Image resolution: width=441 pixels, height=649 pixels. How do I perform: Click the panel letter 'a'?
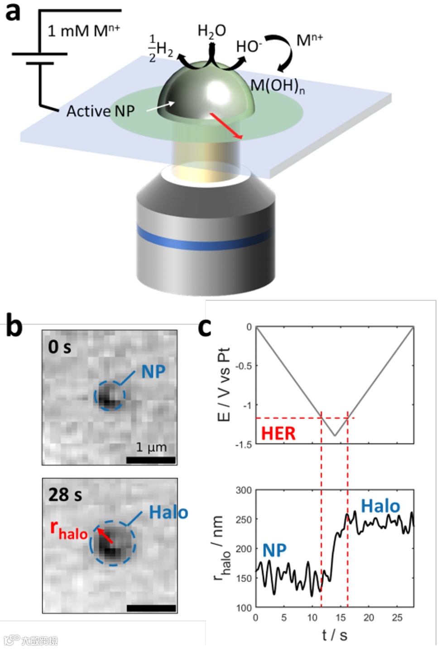(13, 12)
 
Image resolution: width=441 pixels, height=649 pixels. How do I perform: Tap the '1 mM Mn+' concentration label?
(84, 31)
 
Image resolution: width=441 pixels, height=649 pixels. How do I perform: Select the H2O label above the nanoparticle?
(211, 31)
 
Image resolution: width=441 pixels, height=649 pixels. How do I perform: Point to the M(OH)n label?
(277, 86)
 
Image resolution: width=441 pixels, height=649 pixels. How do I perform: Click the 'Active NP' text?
(100, 111)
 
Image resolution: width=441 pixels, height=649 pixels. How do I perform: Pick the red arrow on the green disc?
(226, 126)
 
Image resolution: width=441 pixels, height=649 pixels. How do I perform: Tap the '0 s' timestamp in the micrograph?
(60, 347)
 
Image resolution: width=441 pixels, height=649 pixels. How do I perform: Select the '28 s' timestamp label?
(65, 494)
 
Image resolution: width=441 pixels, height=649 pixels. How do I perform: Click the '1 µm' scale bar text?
(151, 447)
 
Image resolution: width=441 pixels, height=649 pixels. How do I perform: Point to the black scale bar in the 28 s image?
(151, 608)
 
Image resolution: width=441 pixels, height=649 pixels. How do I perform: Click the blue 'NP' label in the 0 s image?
(153, 372)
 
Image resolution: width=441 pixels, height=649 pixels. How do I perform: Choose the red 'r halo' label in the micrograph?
(68, 529)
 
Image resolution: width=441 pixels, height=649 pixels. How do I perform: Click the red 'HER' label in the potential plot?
(278, 434)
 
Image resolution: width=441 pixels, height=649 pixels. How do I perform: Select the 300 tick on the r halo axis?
(244, 490)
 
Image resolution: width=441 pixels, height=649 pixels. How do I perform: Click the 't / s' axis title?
(335, 635)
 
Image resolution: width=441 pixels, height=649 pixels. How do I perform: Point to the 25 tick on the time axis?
(397, 617)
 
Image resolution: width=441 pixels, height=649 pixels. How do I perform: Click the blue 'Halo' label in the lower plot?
(380, 506)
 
